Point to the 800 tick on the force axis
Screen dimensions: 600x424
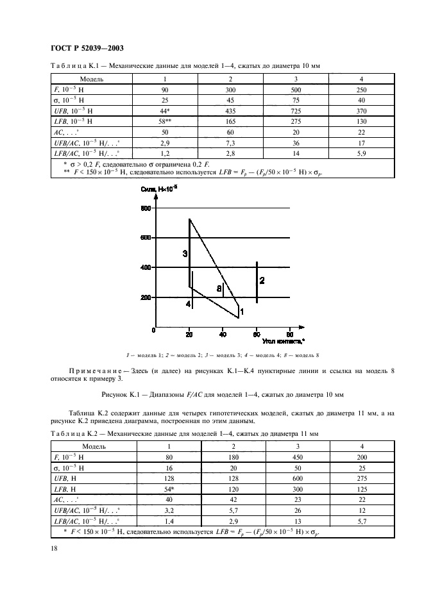pyautogui.click(x=146, y=208)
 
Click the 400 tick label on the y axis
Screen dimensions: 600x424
pyautogui.click(x=146, y=268)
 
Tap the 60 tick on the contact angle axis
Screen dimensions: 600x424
pyautogui.click(x=256, y=335)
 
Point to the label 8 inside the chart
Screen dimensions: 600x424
pyautogui.click(x=219, y=289)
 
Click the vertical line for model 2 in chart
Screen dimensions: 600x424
pyautogui.click(x=257, y=282)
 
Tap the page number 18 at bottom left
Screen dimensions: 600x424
pyautogui.click(x=53, y=548)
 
